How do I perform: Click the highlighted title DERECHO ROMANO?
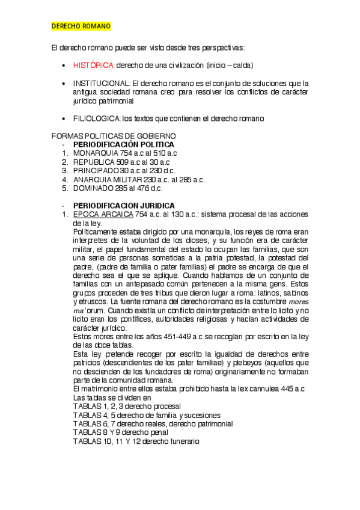81,27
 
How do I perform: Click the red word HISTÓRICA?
94,65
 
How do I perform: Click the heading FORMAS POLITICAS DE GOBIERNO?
114,137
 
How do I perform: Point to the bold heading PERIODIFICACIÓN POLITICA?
123,145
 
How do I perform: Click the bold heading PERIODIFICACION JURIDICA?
124,206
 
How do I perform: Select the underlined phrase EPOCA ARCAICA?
102,214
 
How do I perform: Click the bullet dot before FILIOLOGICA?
64,119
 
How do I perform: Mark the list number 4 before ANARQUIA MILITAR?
64,179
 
